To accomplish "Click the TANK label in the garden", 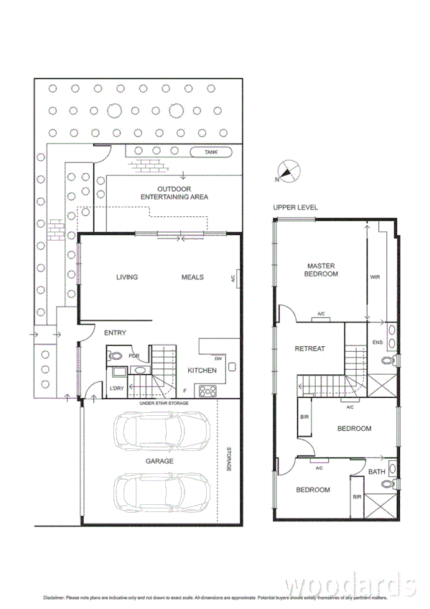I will (x=211, y=152).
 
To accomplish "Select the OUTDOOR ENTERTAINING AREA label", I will (x=174, y=192).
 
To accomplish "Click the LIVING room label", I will (x=126, y=277).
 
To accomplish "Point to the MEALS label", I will (x=192, y=277).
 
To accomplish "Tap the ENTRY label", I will (x=115, y=333).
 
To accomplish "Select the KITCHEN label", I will (x=202, y=371).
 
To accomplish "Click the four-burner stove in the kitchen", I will (x=209, y=391).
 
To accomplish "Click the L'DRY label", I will (x=116, y=389).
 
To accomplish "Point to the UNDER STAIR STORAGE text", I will (x=164, y=404).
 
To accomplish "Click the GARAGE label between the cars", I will (x=159, y=461).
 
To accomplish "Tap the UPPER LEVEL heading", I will (x=295, y=208).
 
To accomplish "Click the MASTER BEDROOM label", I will (x=320, y=269).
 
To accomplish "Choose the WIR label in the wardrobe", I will (x=375, y=276).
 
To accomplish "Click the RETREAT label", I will (x=309, y=349).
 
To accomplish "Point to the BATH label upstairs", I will (x=377, y=472).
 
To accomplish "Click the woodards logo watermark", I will (x=350, y=582).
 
